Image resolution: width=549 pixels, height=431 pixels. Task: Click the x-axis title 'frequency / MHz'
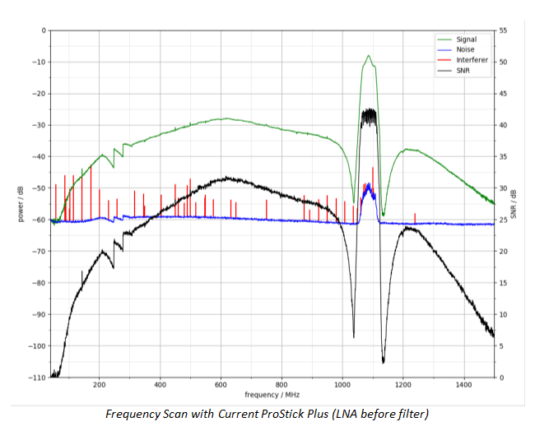pyautogui.click(x=272, y=396)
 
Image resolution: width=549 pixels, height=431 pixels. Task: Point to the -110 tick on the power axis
pyautogui.click(x=36, y=378)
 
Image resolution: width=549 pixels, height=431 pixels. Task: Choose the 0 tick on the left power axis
pyautogui.click(x=43, y=30)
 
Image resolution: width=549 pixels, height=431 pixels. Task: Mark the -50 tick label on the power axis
pyautogui.click(x=38, y=188)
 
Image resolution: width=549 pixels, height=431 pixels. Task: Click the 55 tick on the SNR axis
pyautogui.click(x=504, y=30)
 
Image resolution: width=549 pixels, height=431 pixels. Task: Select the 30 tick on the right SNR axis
pyautogui.click(x=504, y=188)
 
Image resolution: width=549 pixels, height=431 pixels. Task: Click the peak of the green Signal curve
pyautogui.click(x=369, y=56)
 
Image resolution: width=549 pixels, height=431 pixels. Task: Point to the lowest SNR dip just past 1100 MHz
pyautogui.click(x=384, y=362)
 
